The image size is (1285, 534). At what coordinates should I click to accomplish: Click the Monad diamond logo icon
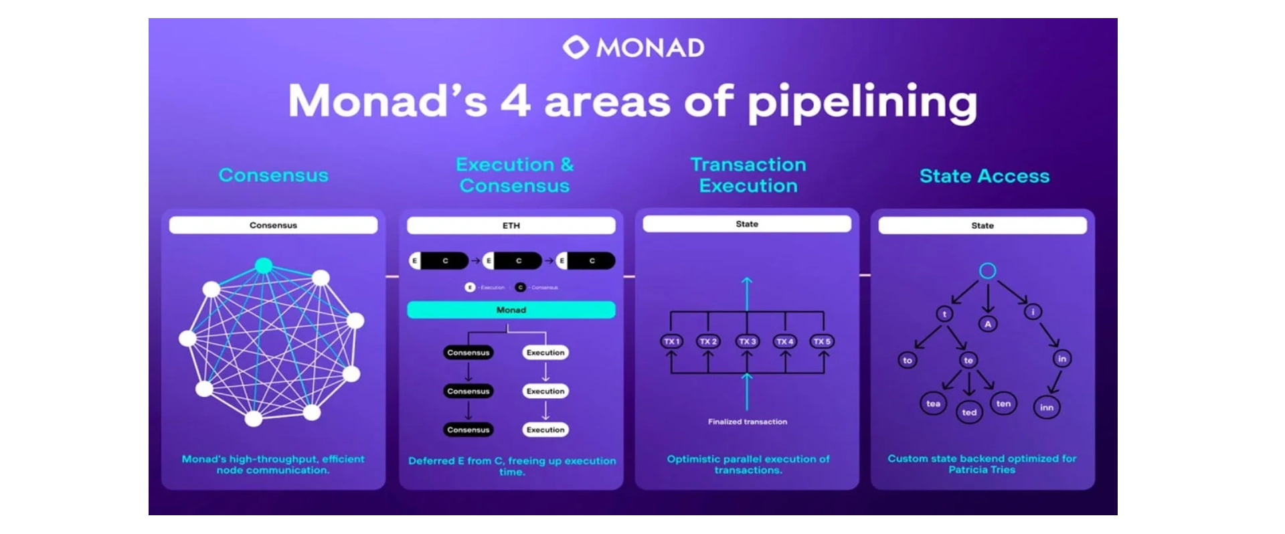[576, 48]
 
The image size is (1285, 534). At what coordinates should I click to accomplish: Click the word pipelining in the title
[862, 102]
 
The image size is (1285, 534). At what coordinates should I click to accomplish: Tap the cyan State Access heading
[984, 176]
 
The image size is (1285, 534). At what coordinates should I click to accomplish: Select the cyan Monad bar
[511, 310]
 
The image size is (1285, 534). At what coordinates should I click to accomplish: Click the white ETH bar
[511, 226]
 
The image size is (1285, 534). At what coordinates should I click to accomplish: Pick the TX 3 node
[747, 341]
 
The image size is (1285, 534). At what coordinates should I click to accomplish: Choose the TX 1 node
[671, 341]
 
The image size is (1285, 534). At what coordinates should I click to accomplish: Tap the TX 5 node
[822, 341]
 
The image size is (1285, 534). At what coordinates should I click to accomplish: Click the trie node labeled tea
[933, 404]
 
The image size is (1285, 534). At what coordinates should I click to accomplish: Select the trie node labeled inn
[1047, 408]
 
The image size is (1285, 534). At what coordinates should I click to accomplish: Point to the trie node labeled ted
[969, 412]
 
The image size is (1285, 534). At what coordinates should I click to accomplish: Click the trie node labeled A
[988, 324]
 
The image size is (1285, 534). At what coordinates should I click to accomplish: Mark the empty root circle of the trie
[987, 270]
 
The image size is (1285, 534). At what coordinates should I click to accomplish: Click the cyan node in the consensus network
[264, 266]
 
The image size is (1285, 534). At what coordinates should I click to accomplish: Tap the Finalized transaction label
[748, 422]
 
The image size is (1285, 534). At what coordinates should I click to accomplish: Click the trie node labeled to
[908, 360]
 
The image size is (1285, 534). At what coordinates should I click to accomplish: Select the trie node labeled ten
[1003, 404]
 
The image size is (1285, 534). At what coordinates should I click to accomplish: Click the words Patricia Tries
[982, 470]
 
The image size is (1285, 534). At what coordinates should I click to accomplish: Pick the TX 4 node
[784, 341]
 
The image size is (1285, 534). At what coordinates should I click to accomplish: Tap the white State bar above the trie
[982, 226]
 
